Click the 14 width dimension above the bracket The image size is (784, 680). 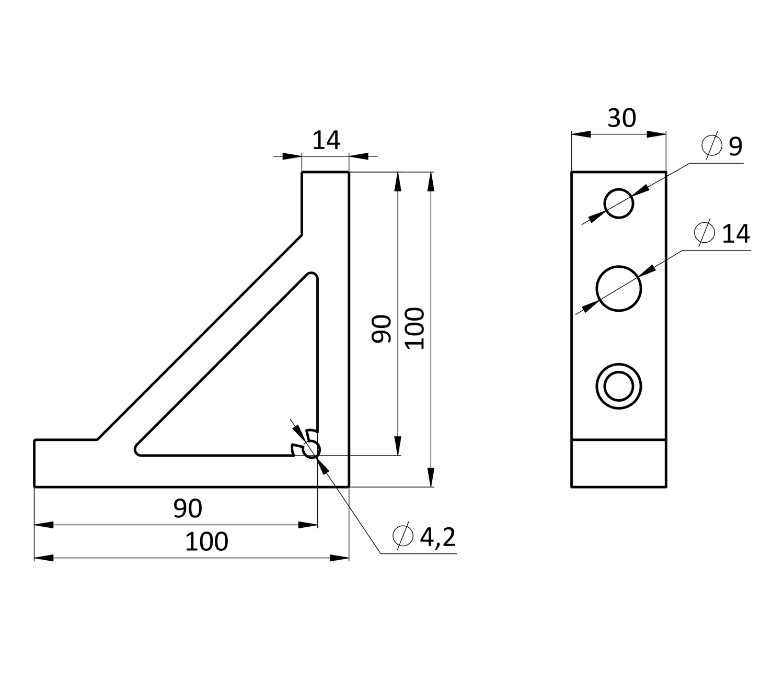(x=326, y=140)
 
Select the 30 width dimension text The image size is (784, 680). (x=621, y=118)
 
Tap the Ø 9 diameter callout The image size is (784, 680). (x=722, y=146)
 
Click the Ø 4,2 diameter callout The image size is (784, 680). (x=424, y=537)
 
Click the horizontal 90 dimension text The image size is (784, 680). (x=188, y=508)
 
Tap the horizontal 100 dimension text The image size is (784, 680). (x=206, y=542)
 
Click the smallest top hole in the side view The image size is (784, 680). (x=618, y=203)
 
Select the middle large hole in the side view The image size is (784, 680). (x=618, y=289)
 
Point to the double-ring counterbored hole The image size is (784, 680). (x=618, y=386)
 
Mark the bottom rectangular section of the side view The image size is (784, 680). (x=619, y=463)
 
